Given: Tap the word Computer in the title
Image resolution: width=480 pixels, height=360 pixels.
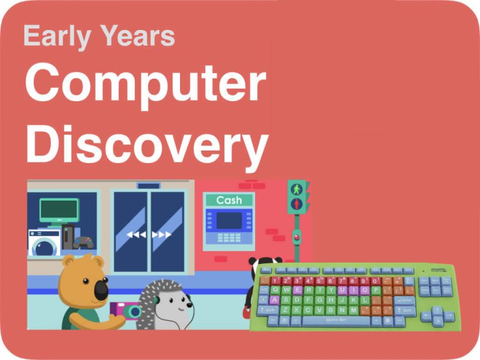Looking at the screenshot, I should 146,84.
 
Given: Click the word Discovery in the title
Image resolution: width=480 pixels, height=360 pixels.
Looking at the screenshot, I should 147,141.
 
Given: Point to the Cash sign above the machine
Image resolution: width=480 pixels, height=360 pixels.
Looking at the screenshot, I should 229,200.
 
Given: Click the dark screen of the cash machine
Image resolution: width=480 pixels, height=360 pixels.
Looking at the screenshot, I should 229,220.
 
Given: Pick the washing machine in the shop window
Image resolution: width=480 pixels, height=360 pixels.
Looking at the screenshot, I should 43,242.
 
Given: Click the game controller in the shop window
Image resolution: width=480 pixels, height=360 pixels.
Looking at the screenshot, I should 83,242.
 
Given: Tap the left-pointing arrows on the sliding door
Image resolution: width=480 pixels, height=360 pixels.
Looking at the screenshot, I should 136,235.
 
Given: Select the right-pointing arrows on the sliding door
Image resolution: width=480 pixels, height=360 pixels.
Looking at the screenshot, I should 161,235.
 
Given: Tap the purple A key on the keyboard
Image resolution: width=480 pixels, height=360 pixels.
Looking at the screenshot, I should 275,299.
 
